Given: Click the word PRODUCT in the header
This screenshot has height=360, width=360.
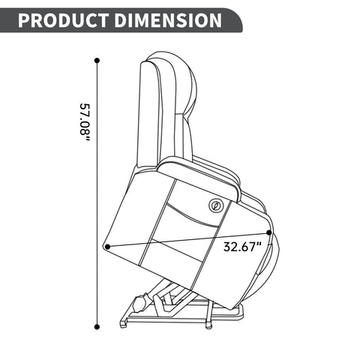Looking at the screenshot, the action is (x=63, y=20).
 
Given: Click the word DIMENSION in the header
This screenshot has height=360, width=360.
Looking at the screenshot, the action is (x=168, y=20).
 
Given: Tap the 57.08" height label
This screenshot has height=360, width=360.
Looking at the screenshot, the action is (x=85, y=122).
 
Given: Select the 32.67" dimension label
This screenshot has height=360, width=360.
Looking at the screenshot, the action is (x=242, y=247).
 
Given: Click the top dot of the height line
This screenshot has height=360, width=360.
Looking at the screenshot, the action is (x=97, y=61).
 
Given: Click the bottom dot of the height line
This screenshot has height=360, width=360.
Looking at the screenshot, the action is (x=97, y=326).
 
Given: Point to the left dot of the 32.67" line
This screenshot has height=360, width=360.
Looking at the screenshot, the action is (x=107, y=247).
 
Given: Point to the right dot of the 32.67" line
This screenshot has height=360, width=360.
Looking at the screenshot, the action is (x=269, y=232).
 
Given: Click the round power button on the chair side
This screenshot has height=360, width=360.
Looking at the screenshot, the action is (x=215, y=205).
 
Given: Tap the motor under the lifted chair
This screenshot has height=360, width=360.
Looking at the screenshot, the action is (x=140, y=303).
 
